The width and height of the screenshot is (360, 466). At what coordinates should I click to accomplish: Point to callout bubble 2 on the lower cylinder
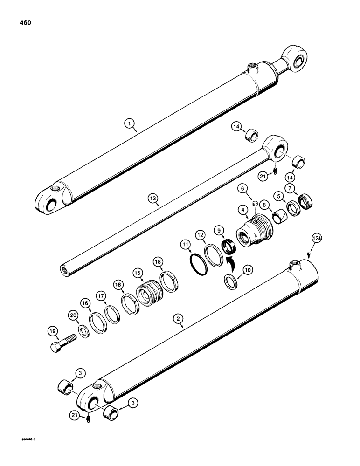coord(178,319)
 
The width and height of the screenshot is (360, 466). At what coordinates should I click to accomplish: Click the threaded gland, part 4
coord(252,231)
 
